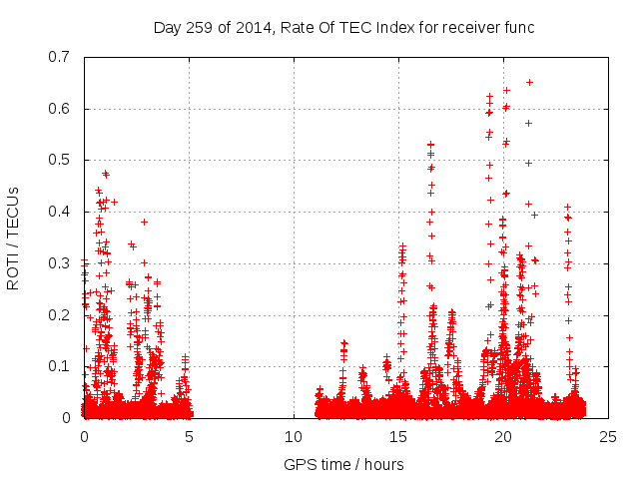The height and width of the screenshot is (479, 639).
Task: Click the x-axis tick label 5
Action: pyautogui.click(x=189, y=437)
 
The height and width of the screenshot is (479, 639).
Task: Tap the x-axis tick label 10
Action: pyautogui.click(x=294, y=437)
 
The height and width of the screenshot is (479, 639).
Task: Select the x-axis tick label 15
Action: pyautogui.click(x=398, y=437)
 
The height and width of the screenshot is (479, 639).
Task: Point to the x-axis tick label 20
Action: pyautogui.click(x=503, y=437)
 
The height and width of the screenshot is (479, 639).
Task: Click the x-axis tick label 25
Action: pyautogui.click(x=608, y=437)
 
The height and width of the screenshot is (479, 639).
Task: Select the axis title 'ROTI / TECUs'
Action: pyautogui.click(x=14, y=238)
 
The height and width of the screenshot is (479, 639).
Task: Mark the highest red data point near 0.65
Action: pyautogui.click(x=529, y=82)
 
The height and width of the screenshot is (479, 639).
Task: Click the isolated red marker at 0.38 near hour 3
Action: pyautogui.click(x=144, y=222)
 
